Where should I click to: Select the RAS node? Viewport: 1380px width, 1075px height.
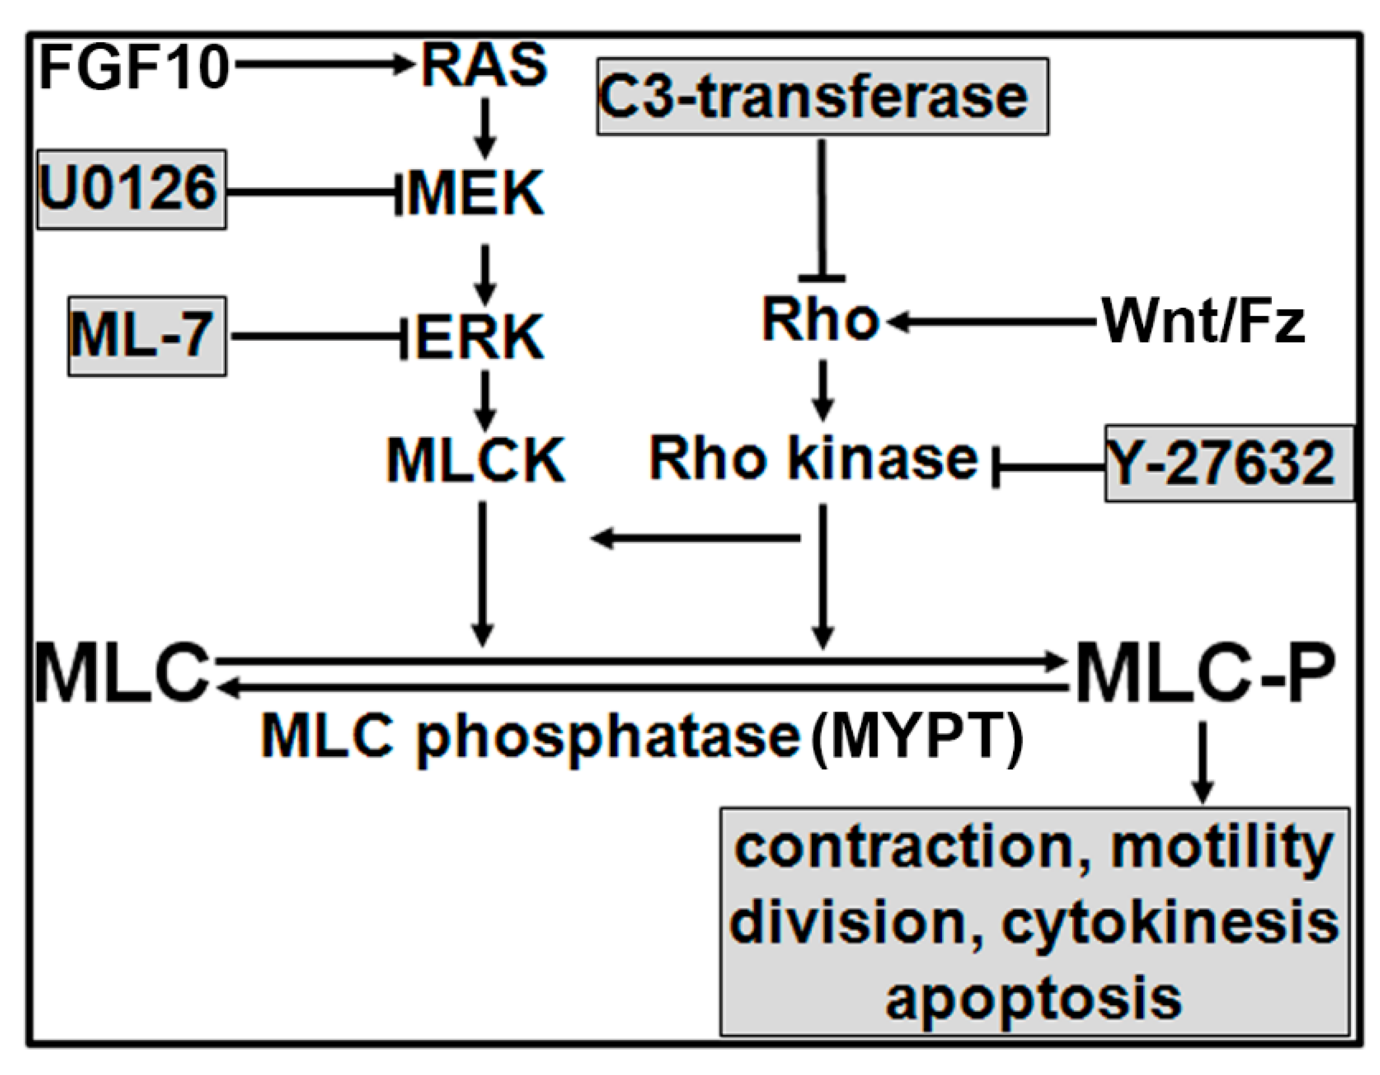484,66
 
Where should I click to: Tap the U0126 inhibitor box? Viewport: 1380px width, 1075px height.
131,189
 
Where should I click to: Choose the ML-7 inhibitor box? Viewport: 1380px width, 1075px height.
147,336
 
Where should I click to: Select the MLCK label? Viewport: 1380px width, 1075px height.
476,461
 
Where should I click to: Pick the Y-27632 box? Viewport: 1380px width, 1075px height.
1228,463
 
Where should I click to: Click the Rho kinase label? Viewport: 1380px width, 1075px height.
814,458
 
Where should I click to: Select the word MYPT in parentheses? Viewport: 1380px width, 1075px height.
918,737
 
